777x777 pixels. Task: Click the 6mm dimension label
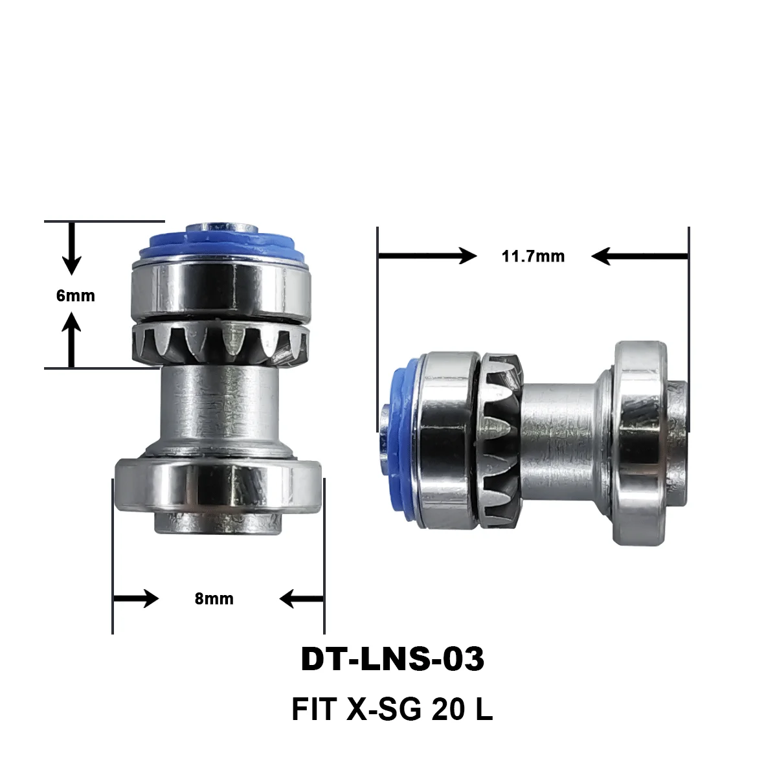tap(76, 296)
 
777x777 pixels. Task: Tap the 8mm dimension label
tap(214, 599)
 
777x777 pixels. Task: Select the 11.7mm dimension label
tap(533, 256)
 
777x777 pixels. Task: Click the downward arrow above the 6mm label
tap(72, 249)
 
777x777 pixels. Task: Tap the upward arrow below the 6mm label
tap(71, 339)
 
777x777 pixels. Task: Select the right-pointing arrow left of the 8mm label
tap(136, 599)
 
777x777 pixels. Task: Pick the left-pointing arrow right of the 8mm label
tap(302, 599)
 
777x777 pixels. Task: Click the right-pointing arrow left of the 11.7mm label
tap(427, 256)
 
